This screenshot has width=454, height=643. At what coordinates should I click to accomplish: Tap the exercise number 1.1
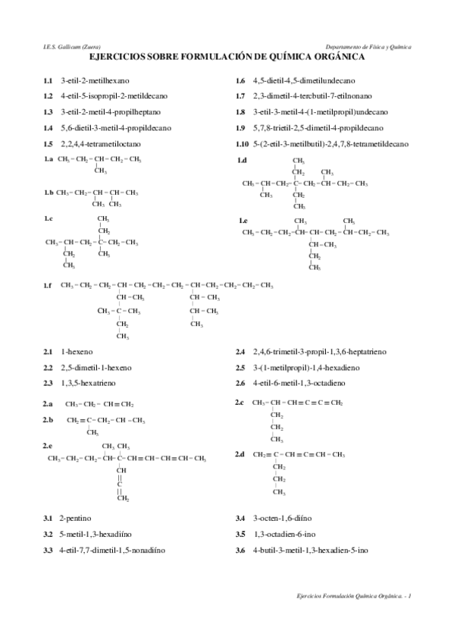pos(49,80)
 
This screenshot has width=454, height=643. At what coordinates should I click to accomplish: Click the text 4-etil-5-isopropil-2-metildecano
pos(114,96)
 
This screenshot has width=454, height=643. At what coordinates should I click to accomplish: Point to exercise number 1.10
pos(243,143)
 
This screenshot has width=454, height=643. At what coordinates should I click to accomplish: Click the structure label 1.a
pos(49,158)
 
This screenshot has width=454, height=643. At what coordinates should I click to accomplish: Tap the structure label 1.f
pos(48,285)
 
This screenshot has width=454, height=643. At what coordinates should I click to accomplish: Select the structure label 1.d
pos(243,160)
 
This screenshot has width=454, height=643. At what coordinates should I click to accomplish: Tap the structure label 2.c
pos(240,402)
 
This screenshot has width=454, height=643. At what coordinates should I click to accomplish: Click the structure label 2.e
pos(48,445)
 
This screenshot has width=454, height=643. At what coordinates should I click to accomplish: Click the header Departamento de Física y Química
pos(367,45)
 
